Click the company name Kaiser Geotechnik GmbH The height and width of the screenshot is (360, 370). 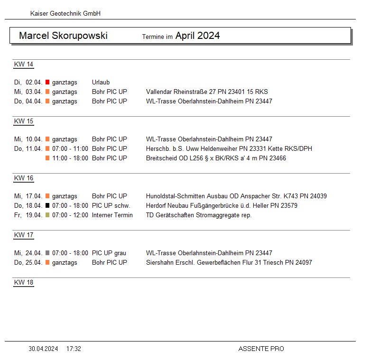[65, 14]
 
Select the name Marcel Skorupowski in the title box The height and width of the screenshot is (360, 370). [63, 36]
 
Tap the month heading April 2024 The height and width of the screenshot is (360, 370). [197, 36]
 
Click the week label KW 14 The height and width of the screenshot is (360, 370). [24, 65]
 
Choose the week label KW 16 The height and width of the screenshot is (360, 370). [24, 178]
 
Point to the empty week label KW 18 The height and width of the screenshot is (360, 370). [24, 283]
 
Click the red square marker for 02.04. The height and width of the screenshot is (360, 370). [47, 83]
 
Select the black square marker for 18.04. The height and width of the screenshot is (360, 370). [47, 206]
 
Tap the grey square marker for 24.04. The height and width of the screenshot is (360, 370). [47, 253]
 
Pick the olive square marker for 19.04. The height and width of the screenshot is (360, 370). [47, 215]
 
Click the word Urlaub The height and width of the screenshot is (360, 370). [101, 83]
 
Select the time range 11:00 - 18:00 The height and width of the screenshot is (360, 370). [70, 158]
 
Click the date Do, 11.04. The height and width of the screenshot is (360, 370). [28, 149]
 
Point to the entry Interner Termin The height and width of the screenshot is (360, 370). [112, 215]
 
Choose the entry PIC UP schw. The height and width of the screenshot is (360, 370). [111, 206]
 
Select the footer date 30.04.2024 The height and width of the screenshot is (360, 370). [43, 349]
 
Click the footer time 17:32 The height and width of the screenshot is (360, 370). [74, 349]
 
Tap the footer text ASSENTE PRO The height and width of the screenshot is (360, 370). [261, 349]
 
